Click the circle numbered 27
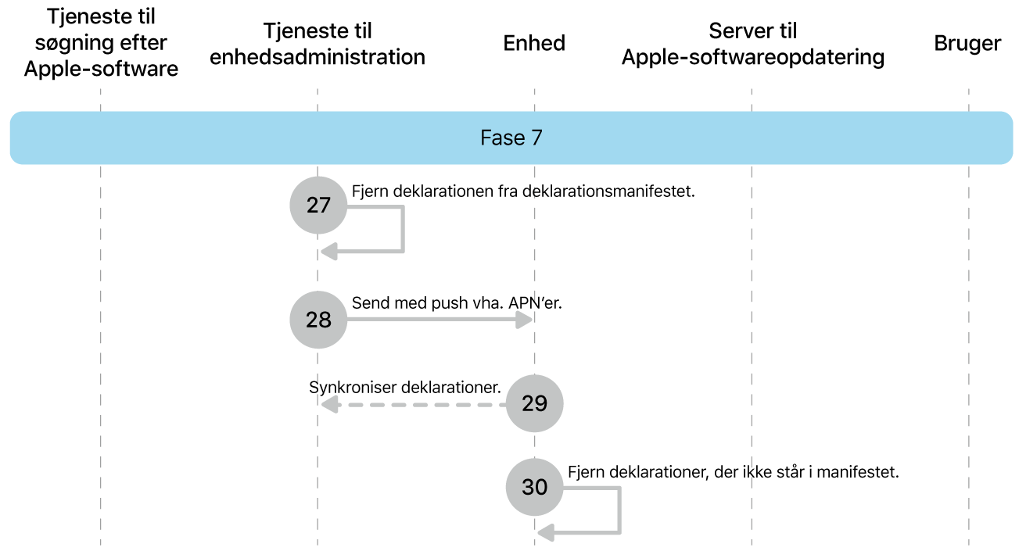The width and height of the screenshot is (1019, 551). point(318,206)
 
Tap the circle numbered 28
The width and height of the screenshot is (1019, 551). point(318,320)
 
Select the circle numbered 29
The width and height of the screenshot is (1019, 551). point(535,403)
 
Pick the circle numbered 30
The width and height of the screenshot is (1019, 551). point(535,487)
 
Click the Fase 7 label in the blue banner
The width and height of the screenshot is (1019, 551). point(511,138)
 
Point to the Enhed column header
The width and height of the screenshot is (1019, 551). point(534,43)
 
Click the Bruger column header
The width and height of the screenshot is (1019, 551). point(967,44)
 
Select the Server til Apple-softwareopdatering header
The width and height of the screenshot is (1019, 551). point(752,44)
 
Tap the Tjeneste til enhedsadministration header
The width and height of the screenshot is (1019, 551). point(318,44)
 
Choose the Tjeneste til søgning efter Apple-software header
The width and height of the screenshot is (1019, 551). point(101,43)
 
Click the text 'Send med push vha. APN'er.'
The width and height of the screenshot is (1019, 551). point(457,303)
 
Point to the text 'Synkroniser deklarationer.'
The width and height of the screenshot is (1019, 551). point(404,387)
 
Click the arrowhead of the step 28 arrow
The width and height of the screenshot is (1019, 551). point(526,320)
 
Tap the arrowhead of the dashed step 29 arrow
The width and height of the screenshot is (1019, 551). point(329,405)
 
